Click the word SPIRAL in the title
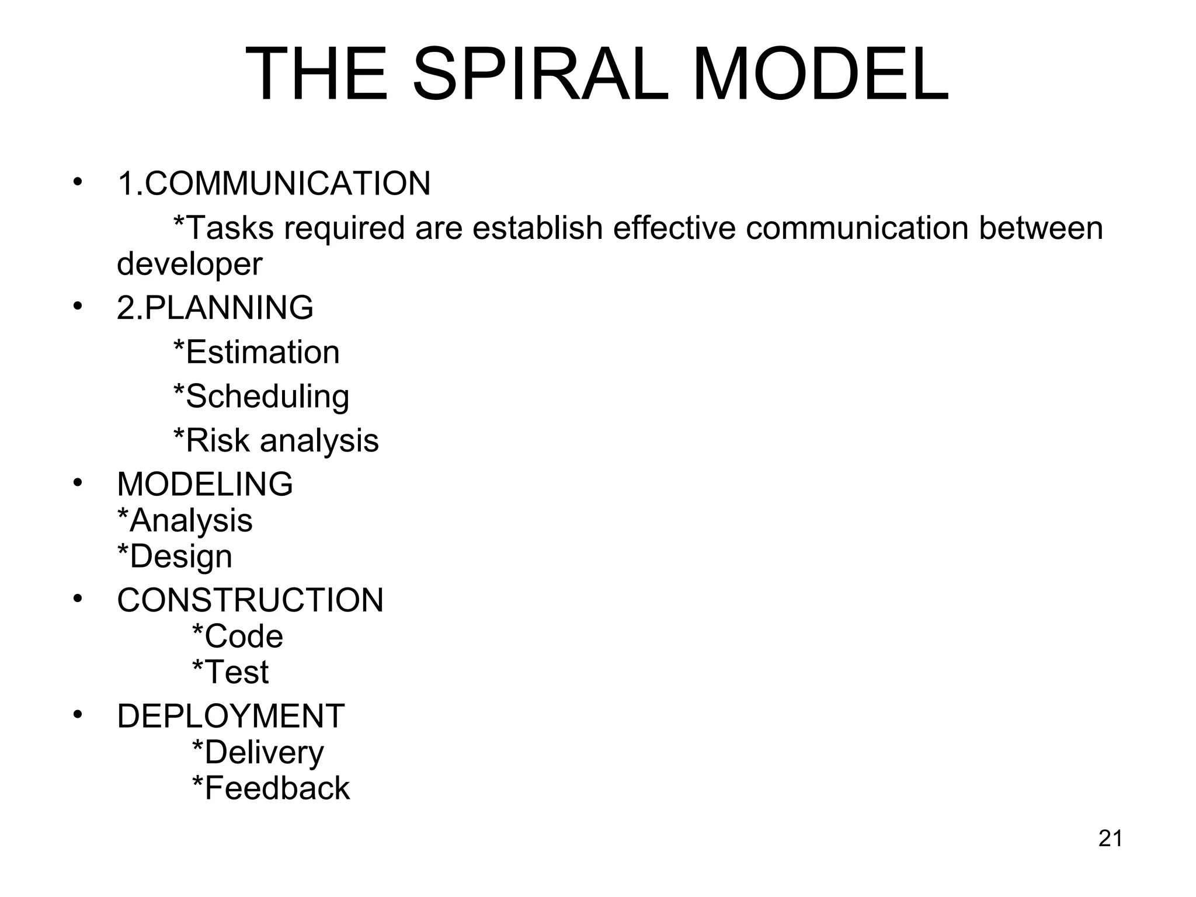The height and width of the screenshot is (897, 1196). (540, 75)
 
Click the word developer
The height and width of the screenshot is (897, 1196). (190, 264)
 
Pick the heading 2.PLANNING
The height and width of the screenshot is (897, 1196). (215, 308)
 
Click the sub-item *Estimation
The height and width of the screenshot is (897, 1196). (256, 352)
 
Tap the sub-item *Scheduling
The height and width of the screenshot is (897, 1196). (261, 397)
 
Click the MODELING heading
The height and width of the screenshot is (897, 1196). (205, 484)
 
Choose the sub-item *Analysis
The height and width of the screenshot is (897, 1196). (185, 520)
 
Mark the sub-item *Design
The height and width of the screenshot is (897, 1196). (175, 556)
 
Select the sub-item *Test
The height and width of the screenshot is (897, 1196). (230, 672)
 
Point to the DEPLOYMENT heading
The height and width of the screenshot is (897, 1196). (231, 716)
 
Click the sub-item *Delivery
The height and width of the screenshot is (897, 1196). (258, 752)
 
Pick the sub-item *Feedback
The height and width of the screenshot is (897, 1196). (271, 788)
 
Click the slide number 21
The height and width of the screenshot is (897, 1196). (1110, 839)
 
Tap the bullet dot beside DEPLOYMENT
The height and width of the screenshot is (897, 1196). (78, 715)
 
